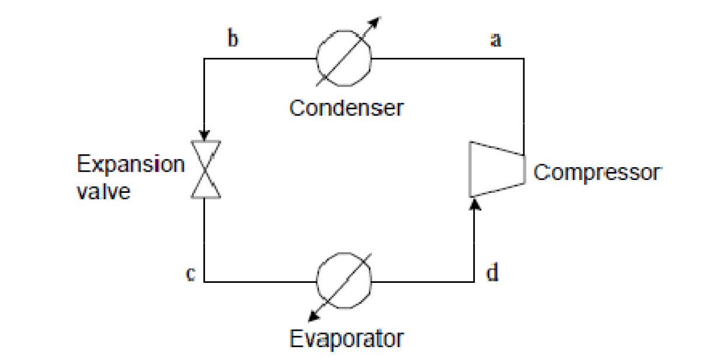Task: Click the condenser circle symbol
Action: (343, 59)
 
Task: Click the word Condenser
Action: (346, 108)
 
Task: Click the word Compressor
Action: (596, 172)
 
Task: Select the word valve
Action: (104, 191)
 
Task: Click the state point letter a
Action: (496, 41)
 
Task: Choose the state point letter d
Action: (492, 272)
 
